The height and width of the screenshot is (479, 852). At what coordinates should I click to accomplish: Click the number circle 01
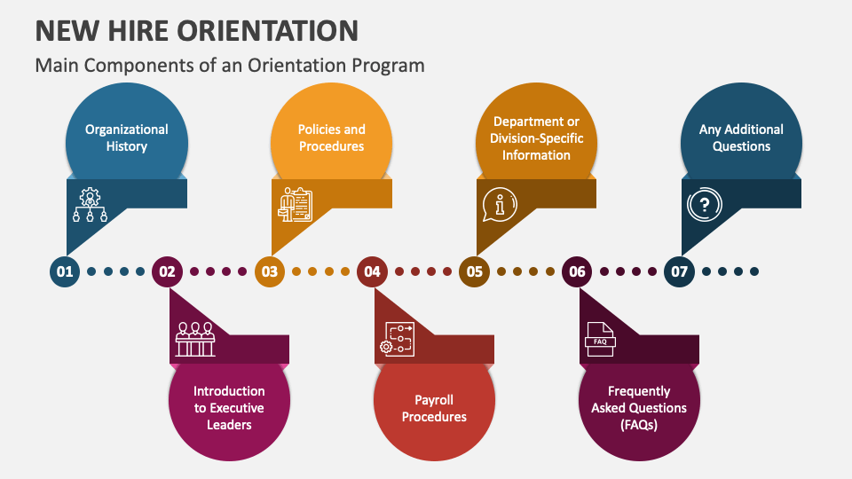tap(65, 272)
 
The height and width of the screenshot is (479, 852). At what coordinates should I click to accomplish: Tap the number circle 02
tap(167, 272)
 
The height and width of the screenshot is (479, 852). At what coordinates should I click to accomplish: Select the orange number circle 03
tap(270, 272)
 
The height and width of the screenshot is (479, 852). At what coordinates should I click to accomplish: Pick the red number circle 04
tap(372, 272)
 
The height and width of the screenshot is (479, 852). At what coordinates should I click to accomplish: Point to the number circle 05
tap(475, 272)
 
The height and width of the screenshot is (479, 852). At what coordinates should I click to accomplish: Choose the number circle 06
tap(577, 272)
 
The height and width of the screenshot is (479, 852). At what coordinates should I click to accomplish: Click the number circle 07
tap(679, 272)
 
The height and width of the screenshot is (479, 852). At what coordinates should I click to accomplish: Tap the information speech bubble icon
tap(500, 206)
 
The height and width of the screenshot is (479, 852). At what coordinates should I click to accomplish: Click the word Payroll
tap(434, 399)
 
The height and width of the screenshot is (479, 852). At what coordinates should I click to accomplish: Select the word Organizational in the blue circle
tap(127, 130)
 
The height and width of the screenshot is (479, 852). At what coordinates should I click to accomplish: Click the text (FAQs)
tap(639, 424)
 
